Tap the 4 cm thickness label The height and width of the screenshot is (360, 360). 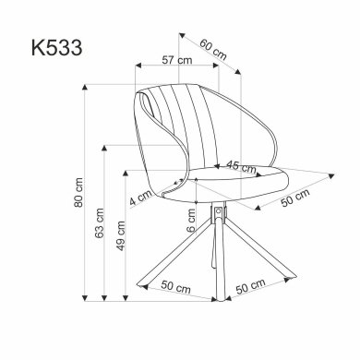(140, 197)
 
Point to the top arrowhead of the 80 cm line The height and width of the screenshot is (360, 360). (86, 86)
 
